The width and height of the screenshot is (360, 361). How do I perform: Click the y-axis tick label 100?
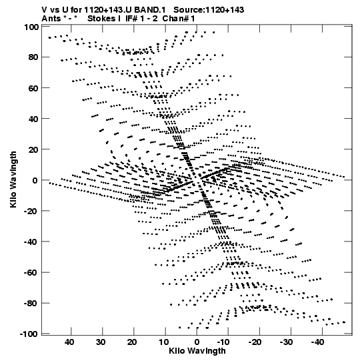coord(31,27)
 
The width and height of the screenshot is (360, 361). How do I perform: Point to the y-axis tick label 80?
coord(33,57)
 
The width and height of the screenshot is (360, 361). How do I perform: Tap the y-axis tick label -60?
coord(31,273)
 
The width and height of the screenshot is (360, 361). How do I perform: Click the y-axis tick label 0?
coord(35,180)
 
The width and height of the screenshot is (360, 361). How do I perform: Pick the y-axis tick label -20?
coord(31,211)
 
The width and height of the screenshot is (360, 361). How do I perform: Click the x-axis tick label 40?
coord(69,342)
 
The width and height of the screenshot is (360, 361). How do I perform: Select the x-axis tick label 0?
coord(197,342)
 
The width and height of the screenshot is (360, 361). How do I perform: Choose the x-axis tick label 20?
coord(132,342)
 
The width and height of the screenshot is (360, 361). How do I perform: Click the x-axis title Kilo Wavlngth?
coord(197,351)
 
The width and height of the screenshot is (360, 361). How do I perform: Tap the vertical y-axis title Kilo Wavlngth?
coord(13,179)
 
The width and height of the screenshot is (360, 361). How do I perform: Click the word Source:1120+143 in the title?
coord(209,10)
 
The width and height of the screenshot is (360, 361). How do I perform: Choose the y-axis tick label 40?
coord(33,119)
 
